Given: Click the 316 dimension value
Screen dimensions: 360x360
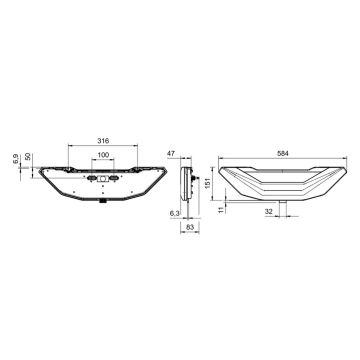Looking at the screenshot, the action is click(103, 141).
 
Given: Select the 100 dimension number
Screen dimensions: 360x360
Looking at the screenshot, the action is click(103, 155).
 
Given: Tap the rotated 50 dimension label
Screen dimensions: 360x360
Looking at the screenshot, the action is click(28, 156).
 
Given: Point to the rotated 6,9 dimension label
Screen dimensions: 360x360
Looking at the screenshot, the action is click(15, 159).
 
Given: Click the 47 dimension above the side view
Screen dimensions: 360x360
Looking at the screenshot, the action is click(171, 153).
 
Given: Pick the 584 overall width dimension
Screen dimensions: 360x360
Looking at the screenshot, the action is click(283, 153).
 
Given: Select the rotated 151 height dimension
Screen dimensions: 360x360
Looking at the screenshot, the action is click(207, 183).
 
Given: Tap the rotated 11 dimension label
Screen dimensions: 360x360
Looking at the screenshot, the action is click(220, 210).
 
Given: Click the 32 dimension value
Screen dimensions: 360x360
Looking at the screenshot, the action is click(269, 211).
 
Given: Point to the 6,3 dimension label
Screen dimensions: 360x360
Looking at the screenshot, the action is click(175, 214).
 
